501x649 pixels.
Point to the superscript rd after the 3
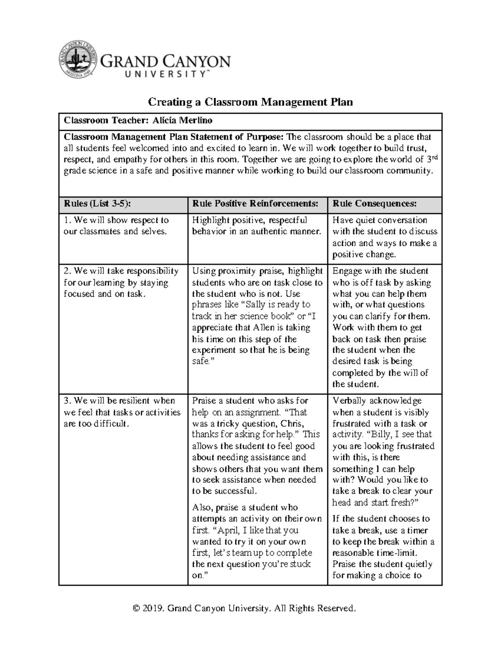point(432,157)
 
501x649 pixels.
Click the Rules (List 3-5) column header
point(97,204)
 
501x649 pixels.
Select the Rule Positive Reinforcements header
point(255,204)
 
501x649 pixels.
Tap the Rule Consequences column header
point(374,204)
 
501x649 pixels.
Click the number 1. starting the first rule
point(67,220)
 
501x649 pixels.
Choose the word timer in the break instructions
point(417,530)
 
